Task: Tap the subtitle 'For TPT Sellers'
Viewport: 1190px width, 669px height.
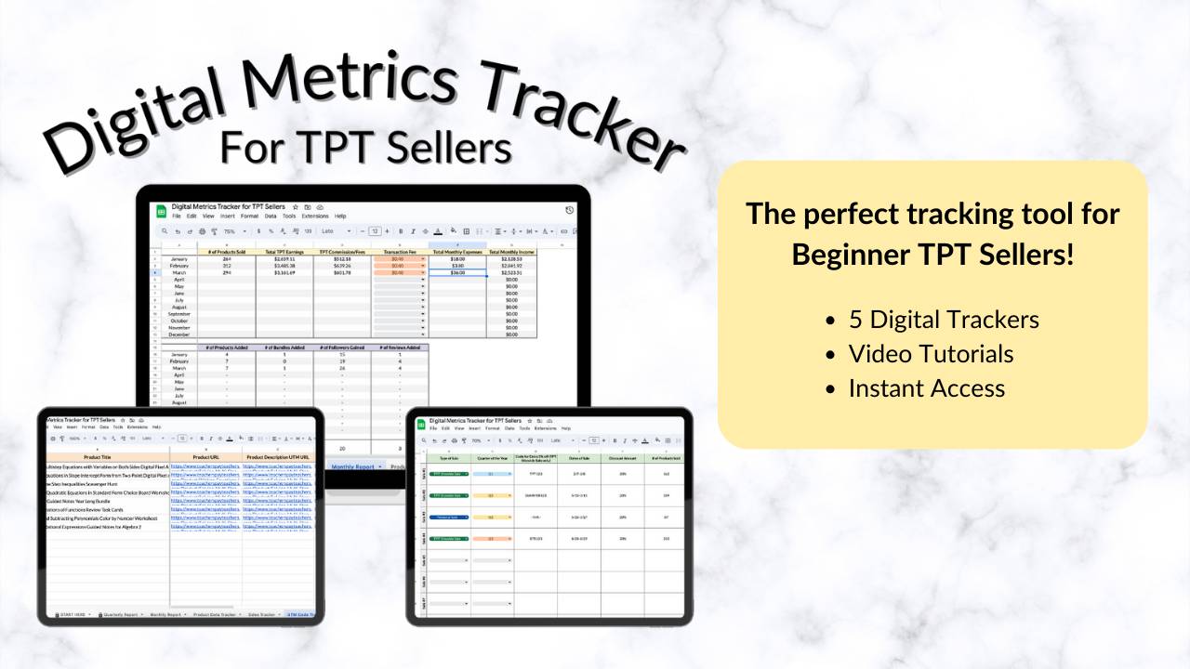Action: [x=365, y=146]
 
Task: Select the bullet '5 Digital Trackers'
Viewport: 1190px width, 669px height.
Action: [x=944, y=320]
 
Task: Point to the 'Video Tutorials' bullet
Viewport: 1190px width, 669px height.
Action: [x=931, y=354]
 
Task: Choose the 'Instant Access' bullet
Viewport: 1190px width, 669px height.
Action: [x=926, y=388]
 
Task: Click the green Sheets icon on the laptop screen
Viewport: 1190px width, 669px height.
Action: [x=159, y=211]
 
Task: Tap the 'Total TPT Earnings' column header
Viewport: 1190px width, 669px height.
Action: [x=284, y=252]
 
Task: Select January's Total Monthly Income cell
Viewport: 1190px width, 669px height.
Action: [x=510, y=259]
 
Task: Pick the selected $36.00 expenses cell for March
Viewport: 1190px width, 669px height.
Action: [x=457, y=273]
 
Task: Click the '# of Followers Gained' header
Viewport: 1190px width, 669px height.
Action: [x=341, y=348]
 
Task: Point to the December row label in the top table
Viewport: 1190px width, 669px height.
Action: [x=179, y=334]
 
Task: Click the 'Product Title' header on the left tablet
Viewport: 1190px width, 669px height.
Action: [x=109, y=457]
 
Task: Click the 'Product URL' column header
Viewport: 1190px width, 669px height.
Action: [x=205, y=457]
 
